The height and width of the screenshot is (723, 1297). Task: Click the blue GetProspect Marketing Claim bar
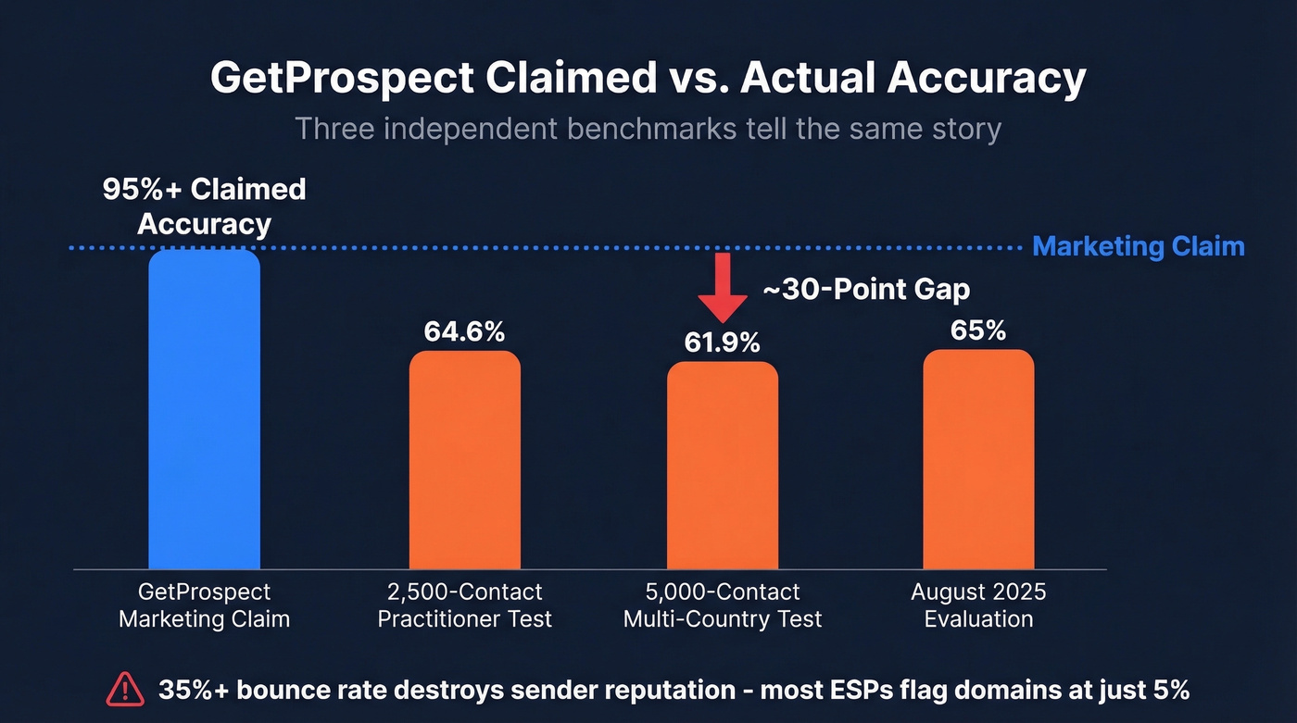coord(204,409)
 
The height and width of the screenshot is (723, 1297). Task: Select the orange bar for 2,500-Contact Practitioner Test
coord(464,459)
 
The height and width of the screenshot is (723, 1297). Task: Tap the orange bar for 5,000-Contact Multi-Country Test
coord(722,465)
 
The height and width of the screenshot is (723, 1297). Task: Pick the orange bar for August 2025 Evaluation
coord(977,459)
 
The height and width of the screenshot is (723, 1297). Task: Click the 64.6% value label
coord(464,331)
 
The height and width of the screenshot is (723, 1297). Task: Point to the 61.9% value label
coord(722,343)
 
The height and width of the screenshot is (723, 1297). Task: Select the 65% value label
coord(977,330)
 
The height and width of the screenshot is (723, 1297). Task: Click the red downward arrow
coord(722,289)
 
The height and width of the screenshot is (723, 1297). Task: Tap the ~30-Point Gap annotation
coord(865,290)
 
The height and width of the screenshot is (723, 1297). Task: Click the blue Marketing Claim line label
coord(1138,246)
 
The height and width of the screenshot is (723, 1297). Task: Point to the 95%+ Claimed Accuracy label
coord(204,206)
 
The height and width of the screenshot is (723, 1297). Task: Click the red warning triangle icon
coord(125,689)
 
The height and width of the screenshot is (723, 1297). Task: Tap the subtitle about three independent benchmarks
coord(648,128)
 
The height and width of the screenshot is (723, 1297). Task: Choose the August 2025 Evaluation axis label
coord(977,605)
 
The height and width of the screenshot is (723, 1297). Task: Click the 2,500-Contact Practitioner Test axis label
coord(464,605)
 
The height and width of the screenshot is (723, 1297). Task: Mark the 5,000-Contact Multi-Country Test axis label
coord(722,605)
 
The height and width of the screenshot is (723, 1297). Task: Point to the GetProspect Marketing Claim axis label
coord(204,605)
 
